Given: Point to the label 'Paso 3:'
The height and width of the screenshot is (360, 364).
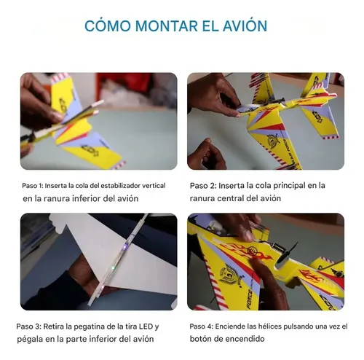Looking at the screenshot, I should (31, 326).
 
